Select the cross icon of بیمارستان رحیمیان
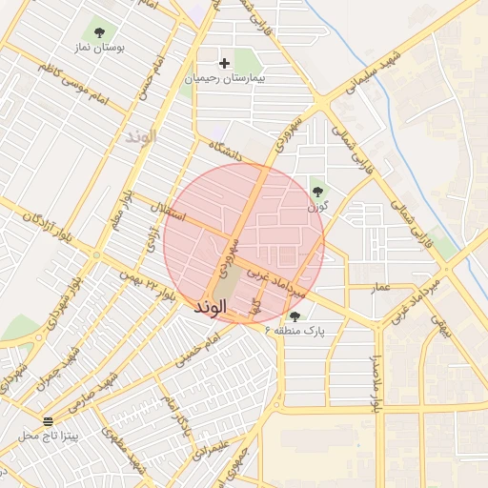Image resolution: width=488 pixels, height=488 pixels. click(224, 64)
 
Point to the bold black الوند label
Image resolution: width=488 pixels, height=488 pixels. click(210, 308)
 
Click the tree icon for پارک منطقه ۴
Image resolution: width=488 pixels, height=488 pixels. click(295, 316)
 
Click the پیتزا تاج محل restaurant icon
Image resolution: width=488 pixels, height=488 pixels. click(48, 420)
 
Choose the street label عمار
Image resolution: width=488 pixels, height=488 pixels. click(381, 286)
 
